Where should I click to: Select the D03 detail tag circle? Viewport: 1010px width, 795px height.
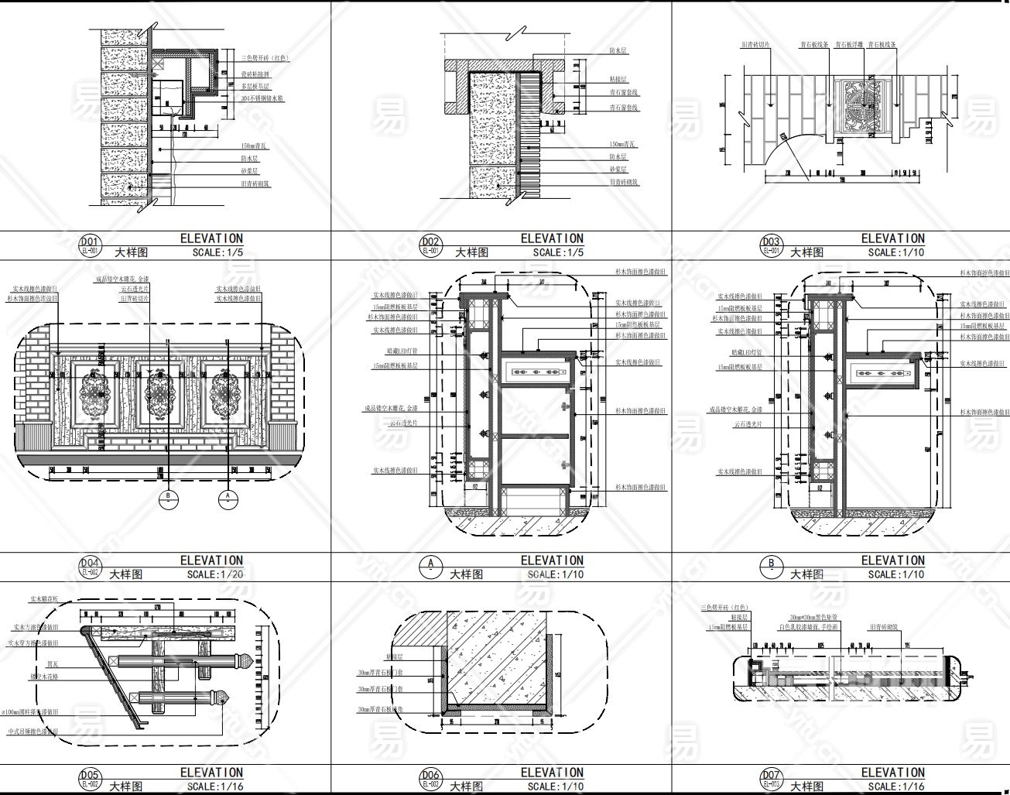pyautogui.click(x=771, y=245)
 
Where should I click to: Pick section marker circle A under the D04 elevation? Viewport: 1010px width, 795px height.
pyautogui.click(x=228, y=499)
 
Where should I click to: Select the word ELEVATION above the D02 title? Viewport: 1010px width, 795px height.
pyautogui.click(x=552, y=238)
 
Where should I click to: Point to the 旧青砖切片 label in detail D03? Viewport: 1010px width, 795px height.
pyautogui.click(x=755, y=46)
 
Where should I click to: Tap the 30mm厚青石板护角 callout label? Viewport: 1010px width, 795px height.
pyautogui.click(x=382, y=710)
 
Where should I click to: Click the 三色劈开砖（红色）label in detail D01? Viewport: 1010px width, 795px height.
pyautogui.click(x=265, y=57)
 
